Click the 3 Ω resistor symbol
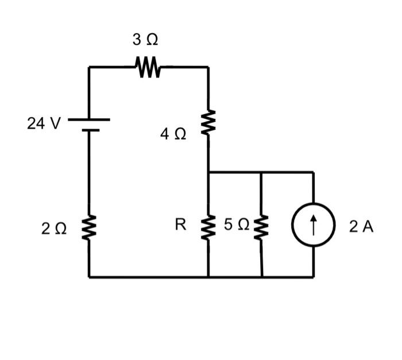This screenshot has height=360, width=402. pyautogui.click(x=148, y=67)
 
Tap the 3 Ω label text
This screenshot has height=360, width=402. pyautogui.click(x=145, y=40)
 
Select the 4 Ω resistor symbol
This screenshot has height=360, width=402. pyautogui.click(x=208, y=122)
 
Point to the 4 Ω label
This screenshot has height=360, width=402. pyautogui.click(x=173, y=134)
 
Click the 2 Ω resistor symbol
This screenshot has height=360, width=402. pyautogui.click(x=89, y=228)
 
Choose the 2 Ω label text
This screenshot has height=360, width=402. pyautogui.click(x=54, y=229)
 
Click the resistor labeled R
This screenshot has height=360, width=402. pyautogui.click(x=208, y=228)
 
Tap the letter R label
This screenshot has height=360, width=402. pyautogui.click(x=180, y=224)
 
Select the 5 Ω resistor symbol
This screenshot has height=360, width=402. pyautogui.click(x=261, y=228)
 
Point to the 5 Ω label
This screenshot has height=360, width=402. pyautogui.click(x=236, y=225)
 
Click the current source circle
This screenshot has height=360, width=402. pyautogui.click(x=313, y=225)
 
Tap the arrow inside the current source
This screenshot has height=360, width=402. pyautogui.click(x=313, y=225)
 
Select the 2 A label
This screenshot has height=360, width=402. pyautogui.click(x=361, y=227)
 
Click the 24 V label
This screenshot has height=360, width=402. pyautogui.click(x=43, y=123)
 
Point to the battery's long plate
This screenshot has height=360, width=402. pyautogui.click(x=89, y=120)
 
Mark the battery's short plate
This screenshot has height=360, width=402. pyautogui.click(x=90, y=130)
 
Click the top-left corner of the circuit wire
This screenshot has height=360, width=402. pyautogui.click(x=89, y=67)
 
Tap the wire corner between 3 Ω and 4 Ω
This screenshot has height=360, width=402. pyautogui.click(x=208, y=67)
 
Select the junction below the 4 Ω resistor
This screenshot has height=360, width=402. pyautogui.click(x=208, y=172)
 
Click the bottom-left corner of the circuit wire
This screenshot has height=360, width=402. pyautogui.click(x=89, y=277)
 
